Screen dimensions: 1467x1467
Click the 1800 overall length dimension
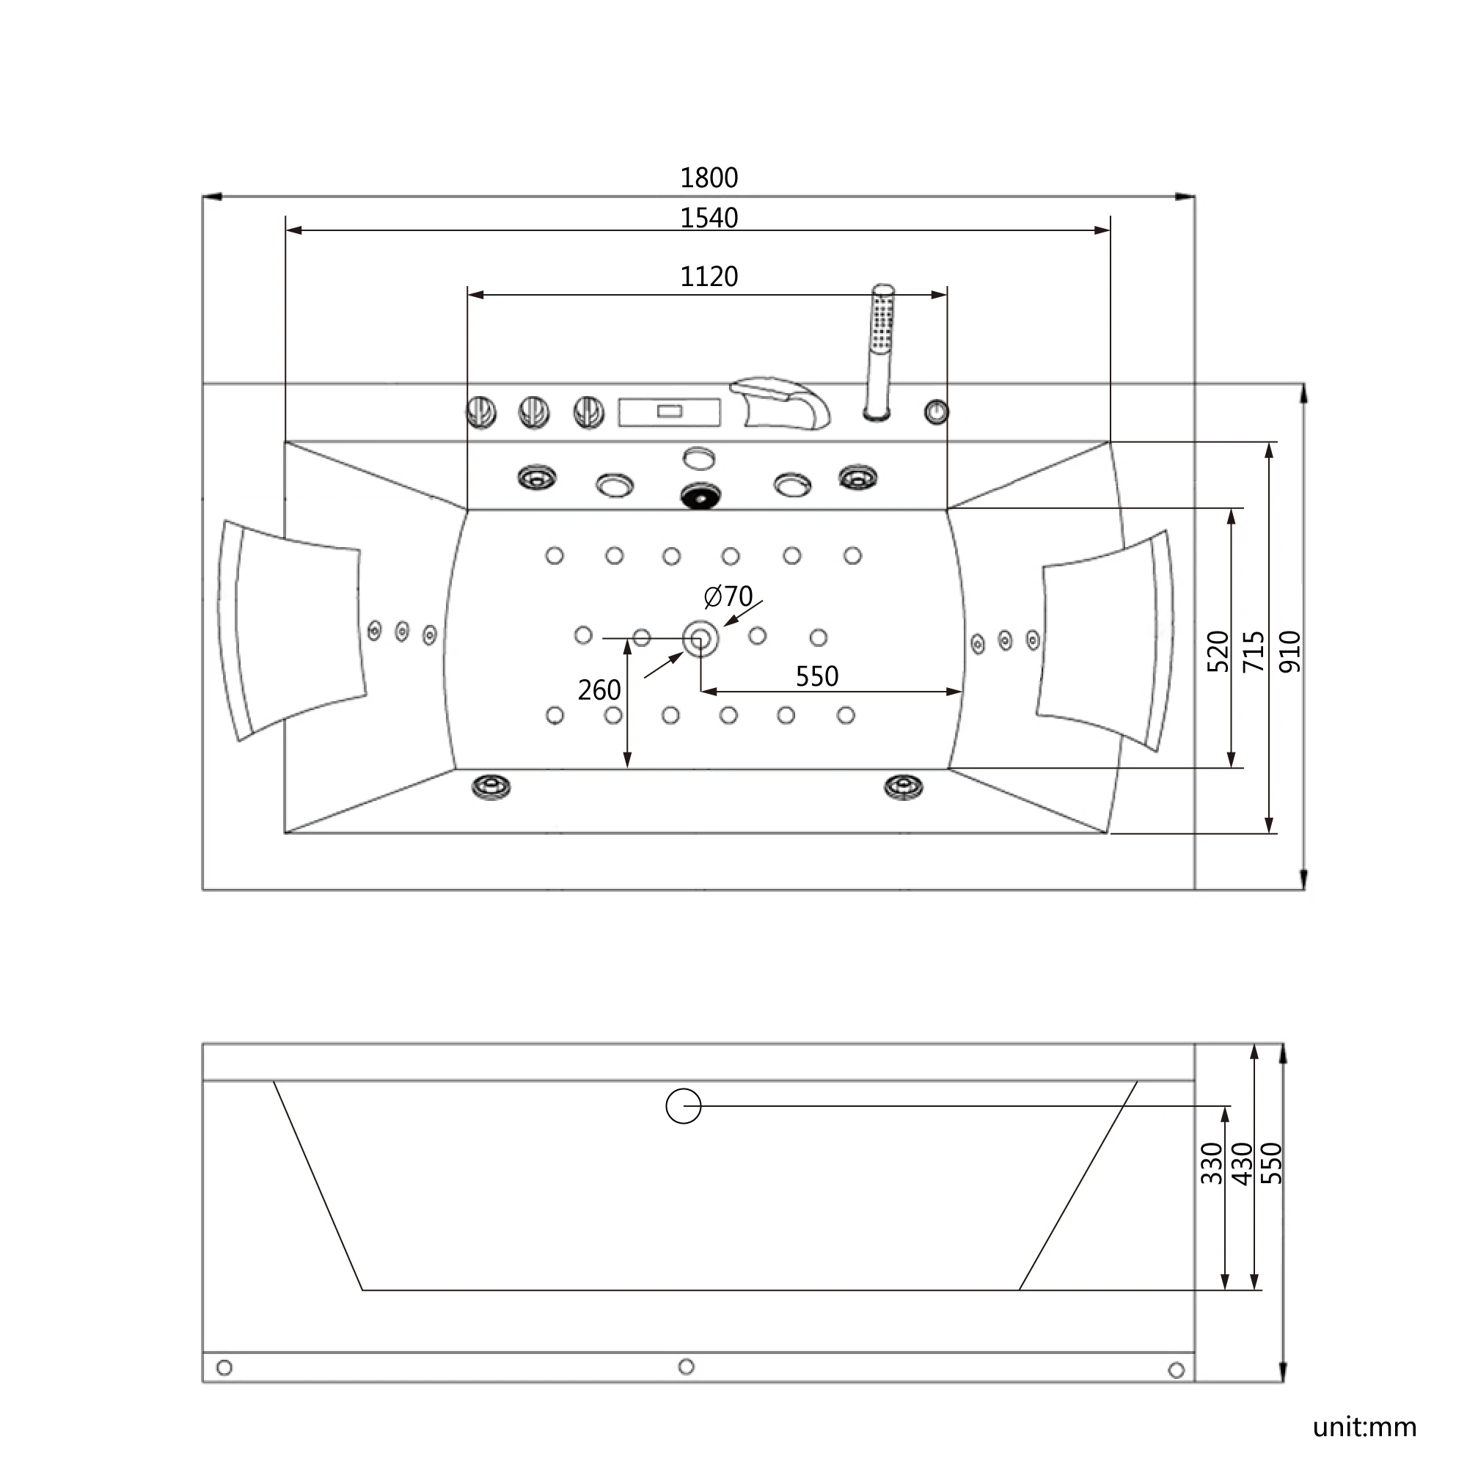coord(709,178)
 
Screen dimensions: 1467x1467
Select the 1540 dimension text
coord(709,218)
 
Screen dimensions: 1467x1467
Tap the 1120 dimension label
coord(709,277)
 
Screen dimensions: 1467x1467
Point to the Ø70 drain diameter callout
coord(728,596)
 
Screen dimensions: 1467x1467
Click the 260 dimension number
coord(599,690)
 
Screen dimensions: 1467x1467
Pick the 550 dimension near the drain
coord(816,676)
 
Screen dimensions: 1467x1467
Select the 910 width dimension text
coord(1290,651)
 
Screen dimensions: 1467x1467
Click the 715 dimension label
coord(1254,651)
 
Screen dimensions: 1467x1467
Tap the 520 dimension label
coord(1217,651)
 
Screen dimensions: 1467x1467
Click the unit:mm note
coord(1364,1427)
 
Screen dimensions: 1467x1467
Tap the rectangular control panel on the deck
coord(669,412)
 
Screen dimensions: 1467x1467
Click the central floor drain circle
coord(700,639)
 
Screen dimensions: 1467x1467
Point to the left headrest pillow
coord(293,629)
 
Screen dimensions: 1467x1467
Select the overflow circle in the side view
coord(683,1105)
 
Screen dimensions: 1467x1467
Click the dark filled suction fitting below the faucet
coord(700,497)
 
